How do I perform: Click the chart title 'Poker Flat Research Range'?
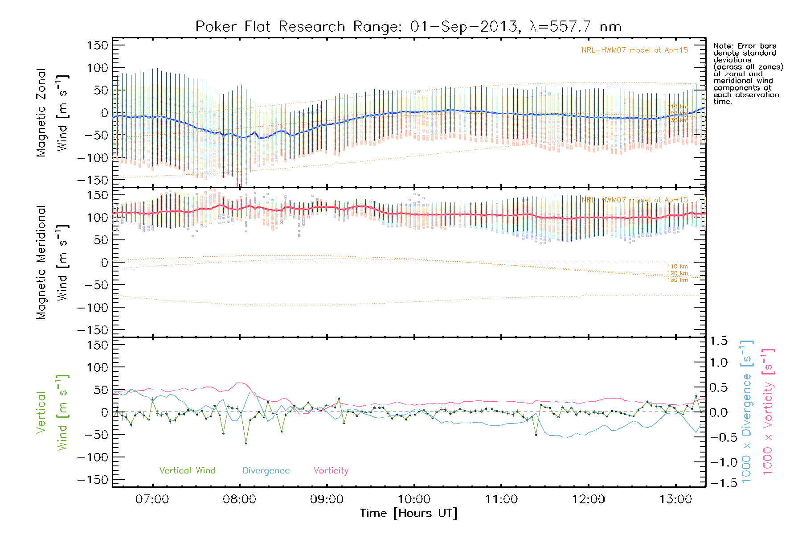(x=270, y=27)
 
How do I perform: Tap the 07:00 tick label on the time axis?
(x=152, y=499)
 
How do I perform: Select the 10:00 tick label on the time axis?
(x=414, y=499)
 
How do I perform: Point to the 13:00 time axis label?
(x=676, y=499)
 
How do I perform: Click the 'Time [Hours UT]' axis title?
(x=409, y=514)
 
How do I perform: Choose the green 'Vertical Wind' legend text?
(x=187, y=471)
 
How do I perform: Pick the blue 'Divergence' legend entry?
(x=266, y=471)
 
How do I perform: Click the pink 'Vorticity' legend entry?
(x=331, y=471)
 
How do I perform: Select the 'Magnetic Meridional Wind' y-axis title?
(x=52, y=262)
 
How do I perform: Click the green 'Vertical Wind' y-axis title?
(x=52, y=412)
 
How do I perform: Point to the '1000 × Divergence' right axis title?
(x=747, y=412)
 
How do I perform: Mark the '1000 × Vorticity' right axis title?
(x=768, y=412)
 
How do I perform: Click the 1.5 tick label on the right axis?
(x=718, y=341)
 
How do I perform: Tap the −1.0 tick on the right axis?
(x=718, y=462)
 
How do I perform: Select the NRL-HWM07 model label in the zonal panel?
(x=634, y=50)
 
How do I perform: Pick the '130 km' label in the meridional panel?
(x=677, y=280)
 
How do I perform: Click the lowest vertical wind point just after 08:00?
(x=246, y=444)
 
